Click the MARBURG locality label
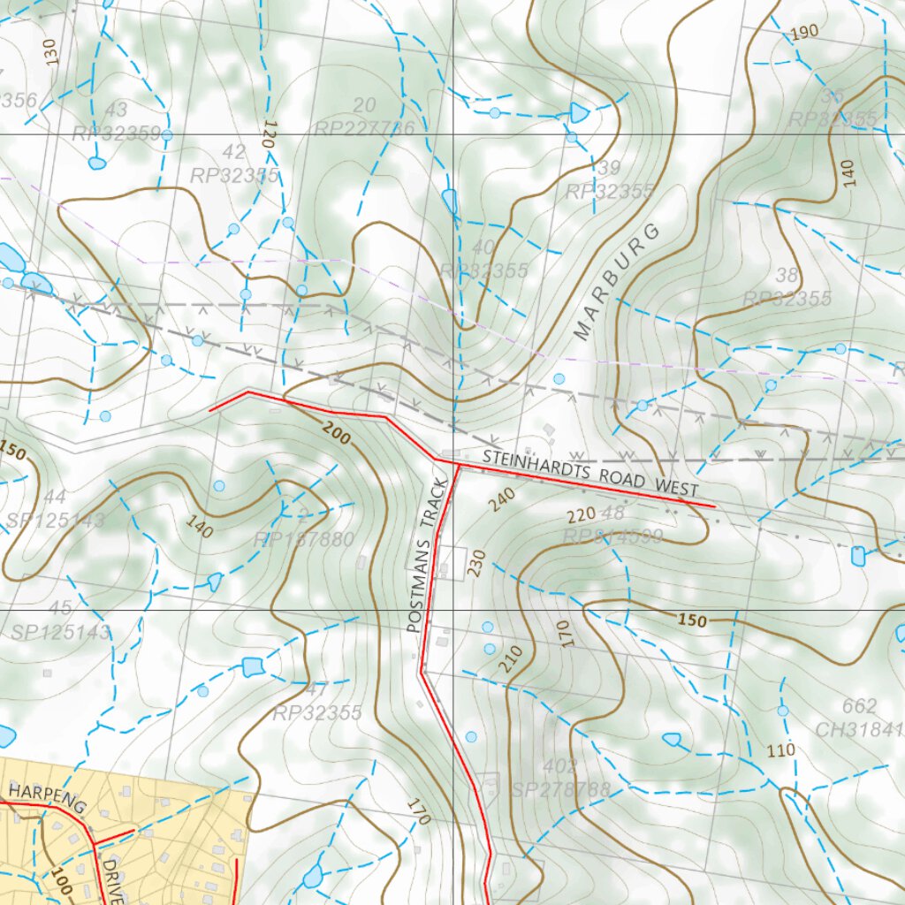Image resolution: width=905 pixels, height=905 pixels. [x=617, y=282]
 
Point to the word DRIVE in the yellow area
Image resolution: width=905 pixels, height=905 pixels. [x=111, y=878]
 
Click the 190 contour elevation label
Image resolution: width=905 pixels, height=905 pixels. [x=804, y=33]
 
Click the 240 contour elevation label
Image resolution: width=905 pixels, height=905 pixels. [x=500, y=500]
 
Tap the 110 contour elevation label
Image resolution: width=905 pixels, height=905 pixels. [x=780, y=750]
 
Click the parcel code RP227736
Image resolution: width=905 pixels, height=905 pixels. [x=363, y=129]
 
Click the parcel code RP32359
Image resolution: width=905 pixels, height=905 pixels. [x=116, y=133]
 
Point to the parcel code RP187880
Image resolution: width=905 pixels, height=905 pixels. [x=303, y=539]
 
